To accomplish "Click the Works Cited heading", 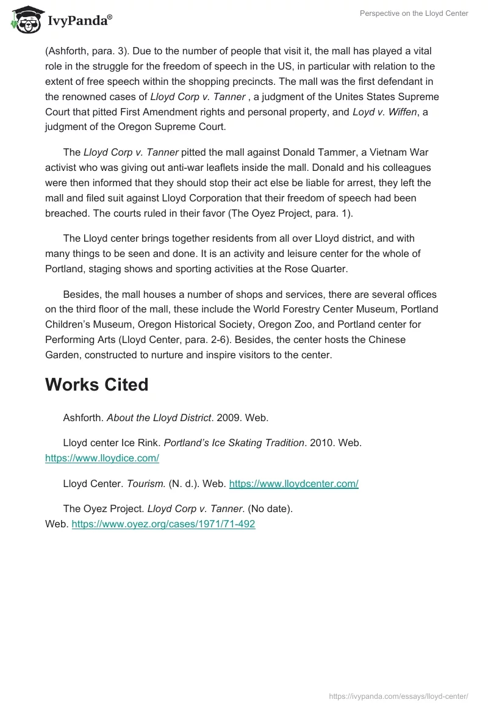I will pos(96,385).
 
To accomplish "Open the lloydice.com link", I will pos(102,458).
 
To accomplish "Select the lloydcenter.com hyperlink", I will pos(293,484).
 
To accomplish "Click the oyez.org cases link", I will pos(163,524).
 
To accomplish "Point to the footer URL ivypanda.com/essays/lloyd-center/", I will pos(398,696).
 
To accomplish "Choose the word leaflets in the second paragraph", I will pos(241,167).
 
